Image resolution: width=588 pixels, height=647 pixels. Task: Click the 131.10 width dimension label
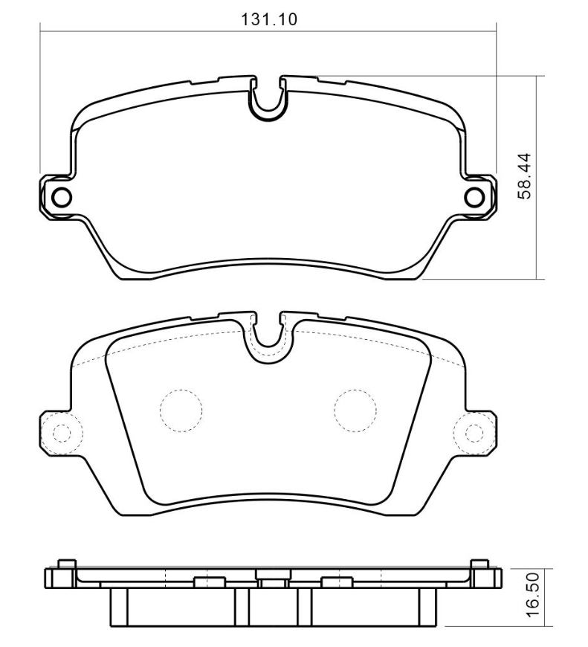click(268, 19)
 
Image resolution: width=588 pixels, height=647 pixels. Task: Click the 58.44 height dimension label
click(525, 176)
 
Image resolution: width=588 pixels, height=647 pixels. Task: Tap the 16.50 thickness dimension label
click(533, 594)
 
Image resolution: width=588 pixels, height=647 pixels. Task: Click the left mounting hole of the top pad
click(62, 197)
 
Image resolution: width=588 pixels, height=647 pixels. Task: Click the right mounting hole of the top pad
click(474, 197)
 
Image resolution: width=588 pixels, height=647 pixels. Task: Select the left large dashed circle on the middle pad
click(181, 411)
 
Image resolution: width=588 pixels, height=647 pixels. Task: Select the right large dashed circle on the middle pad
click(355, 411)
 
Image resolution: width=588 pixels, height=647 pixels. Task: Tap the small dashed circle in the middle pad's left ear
click(62, 433)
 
